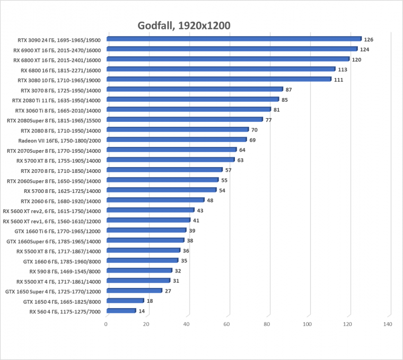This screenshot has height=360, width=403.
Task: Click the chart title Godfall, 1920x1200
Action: click(184, 26)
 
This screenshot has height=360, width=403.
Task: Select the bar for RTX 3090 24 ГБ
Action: click(233, 39)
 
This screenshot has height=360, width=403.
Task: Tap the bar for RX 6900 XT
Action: click(231, 49)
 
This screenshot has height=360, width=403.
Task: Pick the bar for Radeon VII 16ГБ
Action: click(176, 140)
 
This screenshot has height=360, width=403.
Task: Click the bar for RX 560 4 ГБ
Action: click(121, 311)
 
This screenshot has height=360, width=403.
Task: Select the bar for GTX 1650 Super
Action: click(134, 291)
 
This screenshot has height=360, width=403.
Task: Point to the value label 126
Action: click(369, 39)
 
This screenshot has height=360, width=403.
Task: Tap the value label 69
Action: click(252, 140)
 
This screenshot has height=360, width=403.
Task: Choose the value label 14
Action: click(142, 311)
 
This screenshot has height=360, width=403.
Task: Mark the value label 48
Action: click(210, 200)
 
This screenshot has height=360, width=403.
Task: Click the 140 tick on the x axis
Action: click(388, 324)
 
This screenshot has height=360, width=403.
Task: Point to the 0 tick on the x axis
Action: click(106, 324)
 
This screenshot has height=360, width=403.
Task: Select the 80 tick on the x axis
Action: click(267, 324)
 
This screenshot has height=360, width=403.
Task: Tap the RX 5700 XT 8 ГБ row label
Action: click(58, 160)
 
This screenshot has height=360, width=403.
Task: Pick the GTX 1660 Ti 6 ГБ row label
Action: click(58, 231)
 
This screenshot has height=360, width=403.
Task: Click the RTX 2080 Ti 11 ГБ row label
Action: click(56, 100)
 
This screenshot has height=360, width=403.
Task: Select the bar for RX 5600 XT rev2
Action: click(150, 210)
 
